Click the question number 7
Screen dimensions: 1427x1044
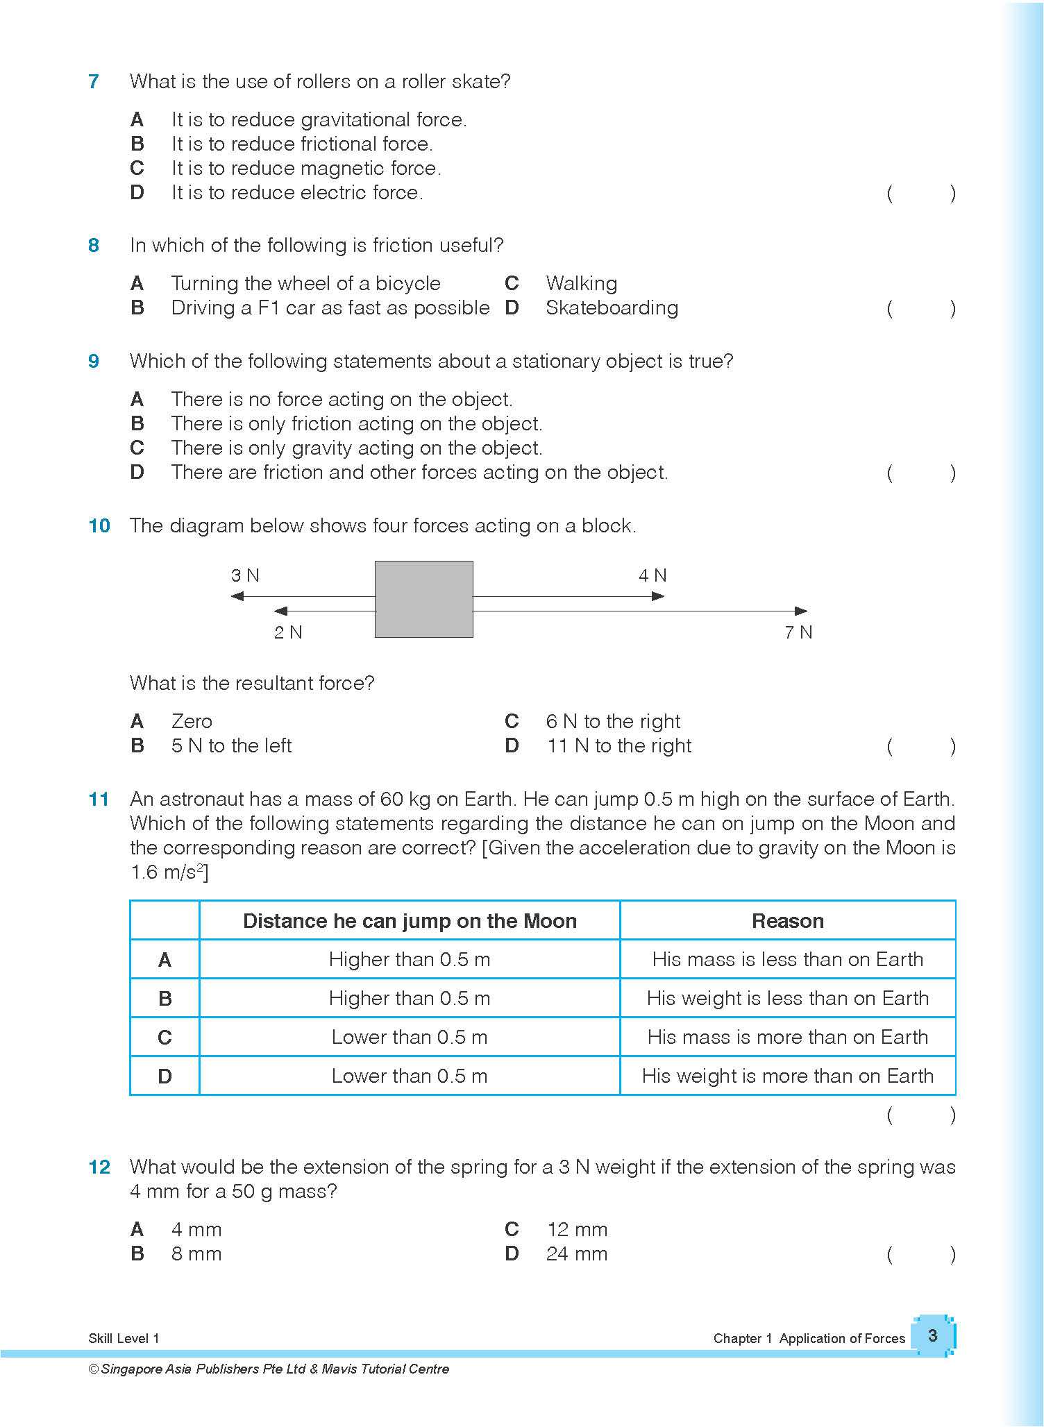coord(94,82)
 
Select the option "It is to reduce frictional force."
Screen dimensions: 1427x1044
coord(302,144)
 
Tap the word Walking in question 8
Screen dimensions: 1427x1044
coord(581,283)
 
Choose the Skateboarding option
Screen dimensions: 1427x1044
coord(612,307)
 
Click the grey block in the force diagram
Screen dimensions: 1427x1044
coord(424,599)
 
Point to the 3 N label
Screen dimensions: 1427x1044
coord(245,575)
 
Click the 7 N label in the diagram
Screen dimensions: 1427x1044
coord(798,632)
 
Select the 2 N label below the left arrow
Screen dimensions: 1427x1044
coord(288,632)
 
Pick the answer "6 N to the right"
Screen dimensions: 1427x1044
coord(613,721)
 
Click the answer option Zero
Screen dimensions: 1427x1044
coord(192,721)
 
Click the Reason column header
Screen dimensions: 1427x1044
coord(787,921)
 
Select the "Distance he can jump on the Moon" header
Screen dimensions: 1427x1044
coord(410,921)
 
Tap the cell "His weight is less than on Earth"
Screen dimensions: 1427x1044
coord(787,998)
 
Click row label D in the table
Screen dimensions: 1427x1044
coord(165,1076)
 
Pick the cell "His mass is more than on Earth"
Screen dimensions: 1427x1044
coord(787,1037)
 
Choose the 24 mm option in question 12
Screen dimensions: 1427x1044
coord(576,1253)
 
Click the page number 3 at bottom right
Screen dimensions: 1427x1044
coord(932,1335)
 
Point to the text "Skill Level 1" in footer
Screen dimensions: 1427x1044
coord(124,1338)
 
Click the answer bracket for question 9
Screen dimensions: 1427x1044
coord(921,473)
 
